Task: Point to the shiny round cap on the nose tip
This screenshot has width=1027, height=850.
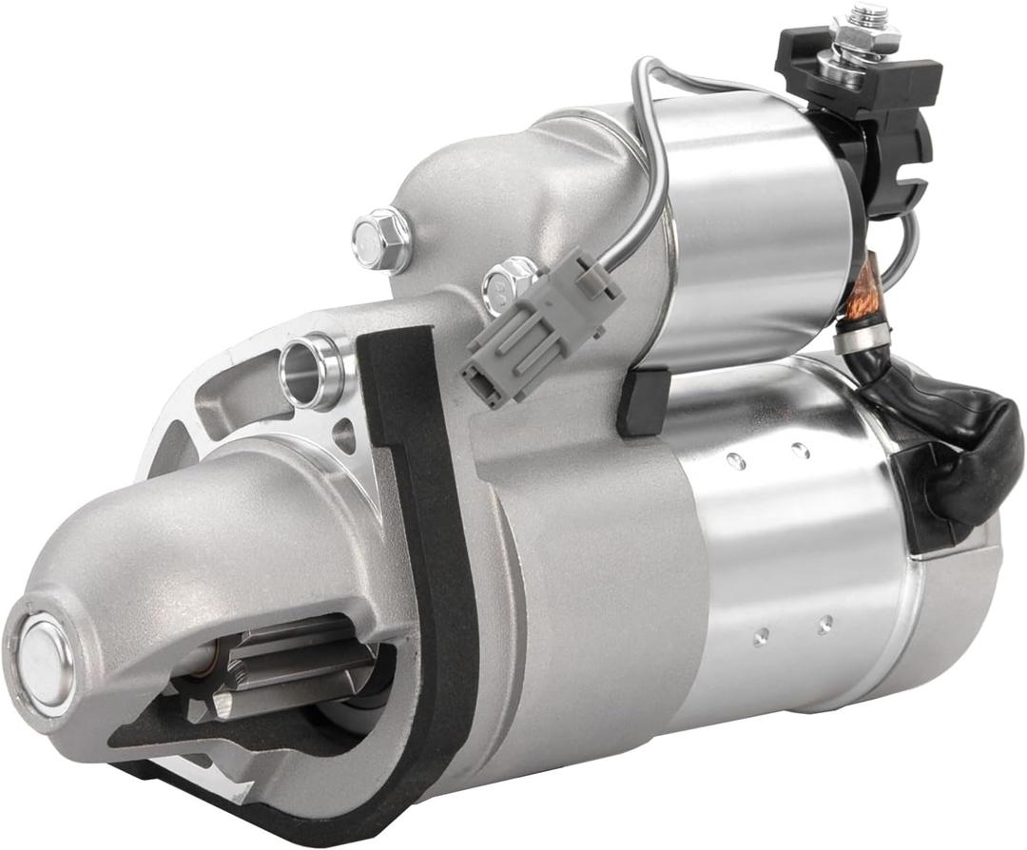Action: pyautogui.click(x=44, y=660)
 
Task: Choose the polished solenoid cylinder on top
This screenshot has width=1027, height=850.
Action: pyautogui.click(x=751, y=228)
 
